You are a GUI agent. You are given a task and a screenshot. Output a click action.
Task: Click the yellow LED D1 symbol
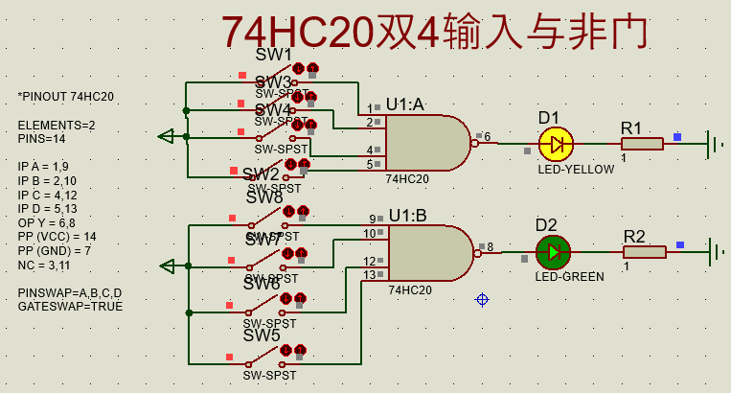(556, 145)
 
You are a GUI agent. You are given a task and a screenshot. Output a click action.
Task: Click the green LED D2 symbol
(553, 252)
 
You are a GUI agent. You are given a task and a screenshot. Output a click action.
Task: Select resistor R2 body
(644, 252)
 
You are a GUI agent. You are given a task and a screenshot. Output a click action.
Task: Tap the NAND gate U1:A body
(426, 144)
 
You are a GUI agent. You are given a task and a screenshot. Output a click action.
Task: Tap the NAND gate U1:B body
(429, 253)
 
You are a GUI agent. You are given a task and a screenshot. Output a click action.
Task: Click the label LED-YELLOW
(575, 170)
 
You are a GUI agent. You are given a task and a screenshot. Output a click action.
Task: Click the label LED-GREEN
(569, 277)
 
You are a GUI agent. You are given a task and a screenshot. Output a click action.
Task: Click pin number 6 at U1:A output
(487, 137)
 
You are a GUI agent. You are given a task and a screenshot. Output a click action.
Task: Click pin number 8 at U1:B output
(490, 247)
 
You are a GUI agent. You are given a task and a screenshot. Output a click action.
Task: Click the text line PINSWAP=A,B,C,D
(70, 291)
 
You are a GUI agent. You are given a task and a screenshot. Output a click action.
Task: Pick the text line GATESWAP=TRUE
(70, 306)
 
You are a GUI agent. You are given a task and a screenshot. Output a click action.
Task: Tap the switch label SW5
(262, 336)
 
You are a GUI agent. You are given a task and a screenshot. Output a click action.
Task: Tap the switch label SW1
(274, 55)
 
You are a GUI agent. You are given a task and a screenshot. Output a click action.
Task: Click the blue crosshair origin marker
(482, 300)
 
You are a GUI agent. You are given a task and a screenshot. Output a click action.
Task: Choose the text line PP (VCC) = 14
(57, 236)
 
